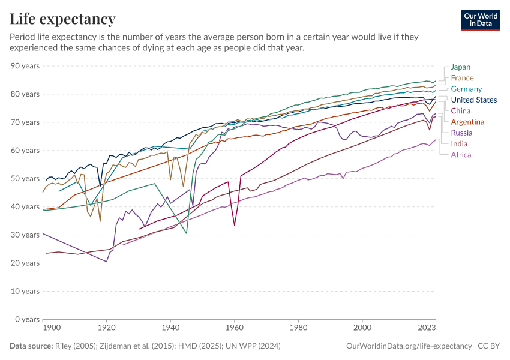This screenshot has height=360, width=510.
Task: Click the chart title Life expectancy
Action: pos(63,19)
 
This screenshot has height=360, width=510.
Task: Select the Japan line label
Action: pos(461,67)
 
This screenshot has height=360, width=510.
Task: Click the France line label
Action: pos(462,78)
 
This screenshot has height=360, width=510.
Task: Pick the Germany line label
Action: pos(466,89)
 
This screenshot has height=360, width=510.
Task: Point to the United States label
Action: pos(473,100)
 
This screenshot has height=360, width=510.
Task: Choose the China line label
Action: pos(460,111)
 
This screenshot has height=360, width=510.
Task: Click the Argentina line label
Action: pos(467,122)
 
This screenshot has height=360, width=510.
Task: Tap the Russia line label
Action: pos(461,133)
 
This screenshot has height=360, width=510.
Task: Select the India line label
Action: pos(459,144)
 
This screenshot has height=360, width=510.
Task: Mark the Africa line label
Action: pos(461,155)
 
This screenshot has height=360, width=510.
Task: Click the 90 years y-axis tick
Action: pos(25,66)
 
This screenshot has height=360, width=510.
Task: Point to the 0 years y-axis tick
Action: pos(27,319)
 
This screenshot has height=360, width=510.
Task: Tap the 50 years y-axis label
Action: pos(25,179)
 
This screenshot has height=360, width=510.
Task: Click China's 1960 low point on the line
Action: pos(235,225)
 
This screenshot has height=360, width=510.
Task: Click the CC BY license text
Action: pos(489,346)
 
